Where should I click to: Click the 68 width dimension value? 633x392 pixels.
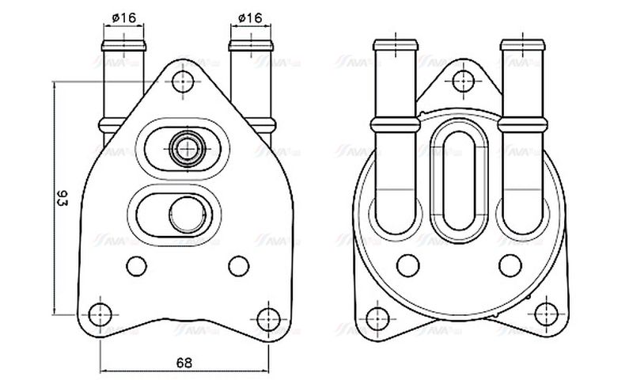[x=184, y=362]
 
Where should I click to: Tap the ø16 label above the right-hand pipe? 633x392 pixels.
[x=250, y=17]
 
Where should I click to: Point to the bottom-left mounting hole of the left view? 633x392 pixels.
[x=98, y=314]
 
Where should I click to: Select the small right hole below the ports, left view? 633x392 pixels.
[x=237, y=265]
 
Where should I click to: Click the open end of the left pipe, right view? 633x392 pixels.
[x=393, y=38]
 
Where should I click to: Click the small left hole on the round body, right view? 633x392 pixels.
[x=407, y=264]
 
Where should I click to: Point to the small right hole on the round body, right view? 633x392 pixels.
[x=510, y=264]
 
